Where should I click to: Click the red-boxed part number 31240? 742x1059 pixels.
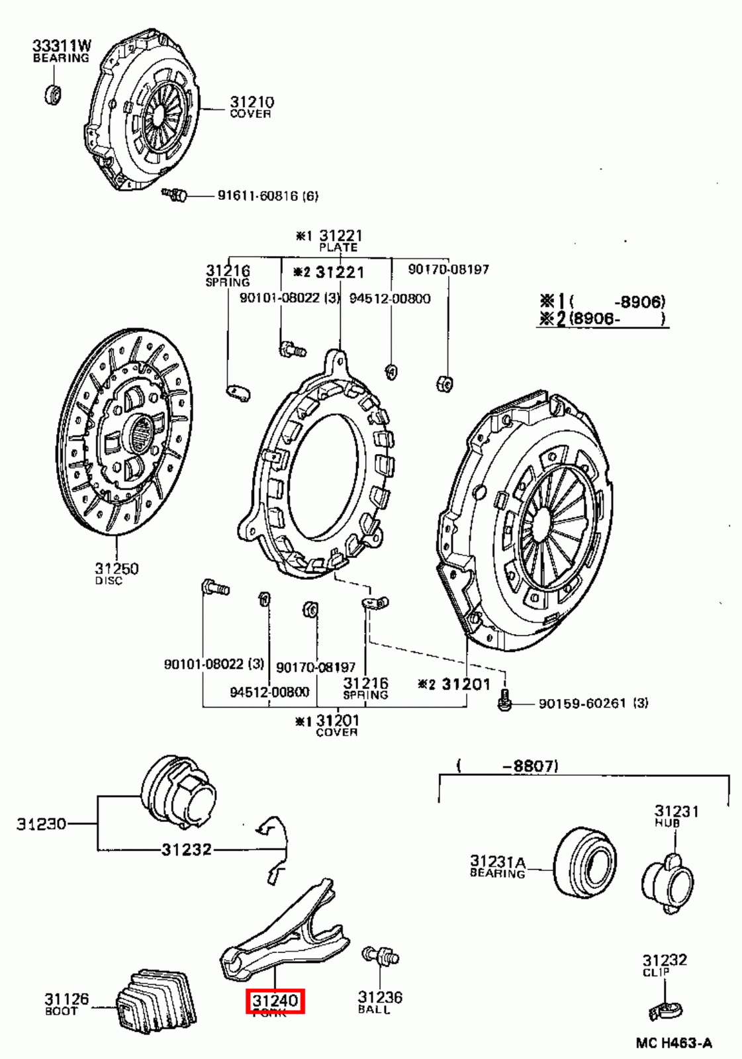275,1000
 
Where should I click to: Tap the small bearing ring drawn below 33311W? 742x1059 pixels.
53,95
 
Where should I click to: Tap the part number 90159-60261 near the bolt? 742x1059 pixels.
582,703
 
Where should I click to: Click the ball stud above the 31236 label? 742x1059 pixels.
380,956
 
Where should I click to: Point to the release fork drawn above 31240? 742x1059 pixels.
285,933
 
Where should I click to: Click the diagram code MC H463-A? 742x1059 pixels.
674,1043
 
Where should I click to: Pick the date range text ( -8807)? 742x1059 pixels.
507,766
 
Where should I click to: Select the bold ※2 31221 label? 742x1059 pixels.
328,272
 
